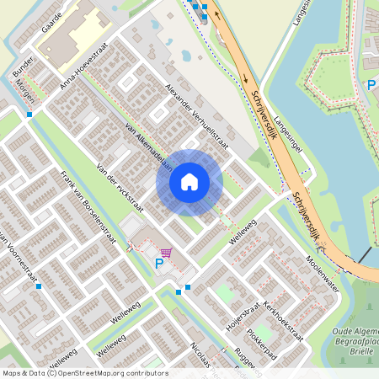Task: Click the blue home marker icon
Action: (x=189, y=182)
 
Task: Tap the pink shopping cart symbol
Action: (x=167, y=252)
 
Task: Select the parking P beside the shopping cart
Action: (x=158, y=264)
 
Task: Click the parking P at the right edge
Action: (x=371, y=85)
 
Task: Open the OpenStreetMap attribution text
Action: (x=84, y=372)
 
